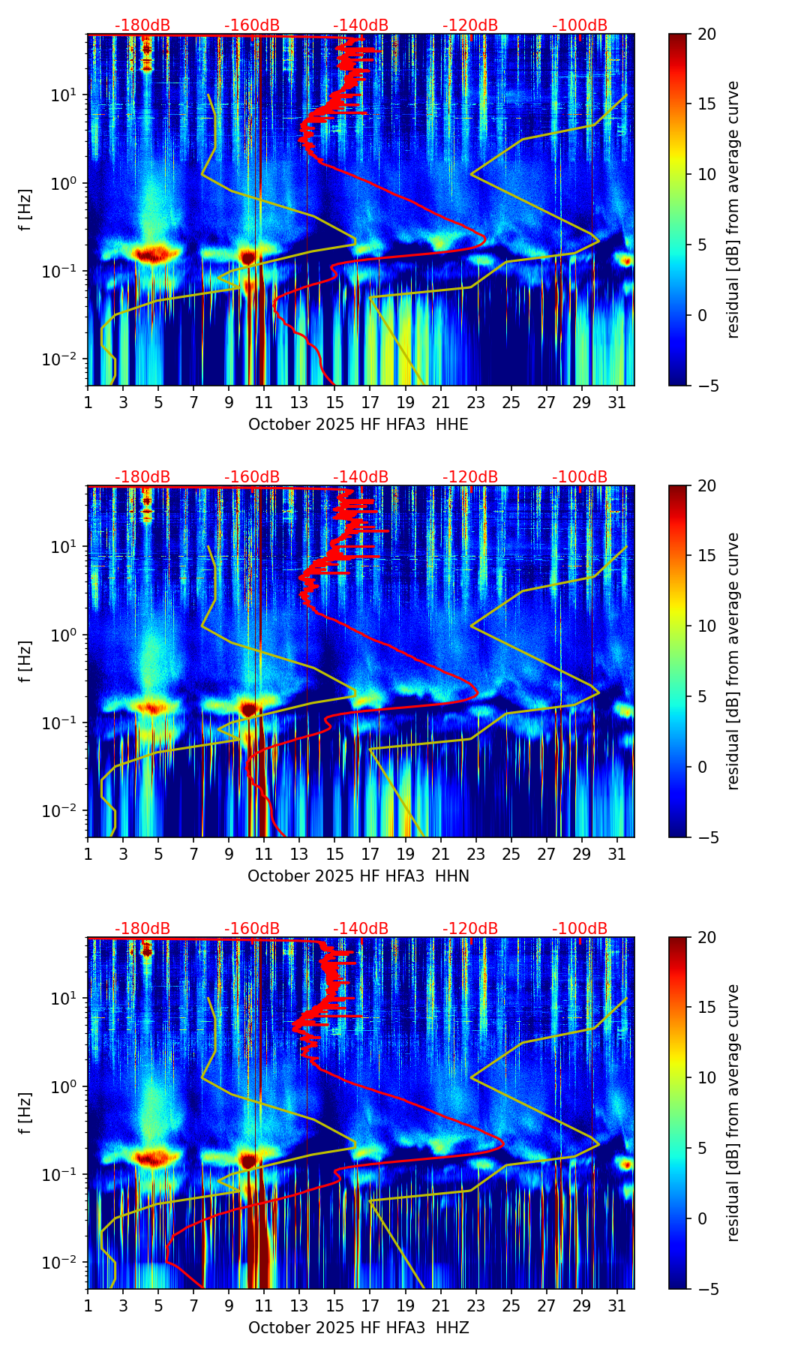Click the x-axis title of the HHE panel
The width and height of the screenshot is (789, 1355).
coord(358,425)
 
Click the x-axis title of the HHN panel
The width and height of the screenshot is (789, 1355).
coord(358,876)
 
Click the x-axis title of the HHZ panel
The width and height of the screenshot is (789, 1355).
coord(358,1328)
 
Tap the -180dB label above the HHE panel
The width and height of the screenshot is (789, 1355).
coord(142,26)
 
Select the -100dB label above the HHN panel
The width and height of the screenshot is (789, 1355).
coord(580,477)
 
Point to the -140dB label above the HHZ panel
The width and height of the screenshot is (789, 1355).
coord(361,929)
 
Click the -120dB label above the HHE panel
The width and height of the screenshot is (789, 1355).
coord(470,26)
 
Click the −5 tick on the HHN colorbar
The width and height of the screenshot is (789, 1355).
coord(706,837)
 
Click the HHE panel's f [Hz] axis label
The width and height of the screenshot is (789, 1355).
coord(25,210)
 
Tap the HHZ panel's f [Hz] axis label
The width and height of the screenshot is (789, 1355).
coord(25,1113)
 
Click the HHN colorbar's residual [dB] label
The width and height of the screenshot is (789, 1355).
coord(733,661)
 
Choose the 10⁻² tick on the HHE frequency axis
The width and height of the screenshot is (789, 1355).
coord(66,360)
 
